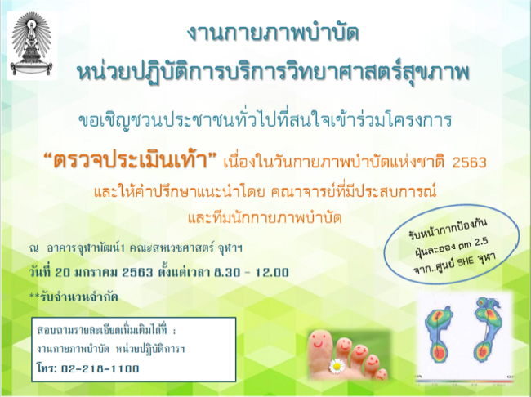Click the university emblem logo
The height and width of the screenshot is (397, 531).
click(32, 46)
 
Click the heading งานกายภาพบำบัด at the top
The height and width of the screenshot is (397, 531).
click(273, 33)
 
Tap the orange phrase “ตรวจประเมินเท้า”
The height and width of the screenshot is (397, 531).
click(132, 160)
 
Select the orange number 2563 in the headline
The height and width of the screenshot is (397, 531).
click(470, 163)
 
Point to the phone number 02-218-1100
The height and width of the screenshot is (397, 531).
click(100, 368)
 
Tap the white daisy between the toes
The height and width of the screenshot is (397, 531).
click(337, 365)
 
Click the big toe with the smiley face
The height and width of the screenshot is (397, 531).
click(320, 352)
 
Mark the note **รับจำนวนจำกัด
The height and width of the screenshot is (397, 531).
click(74, 297)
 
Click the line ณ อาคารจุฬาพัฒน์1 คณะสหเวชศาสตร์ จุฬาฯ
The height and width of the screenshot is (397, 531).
click(136, 248)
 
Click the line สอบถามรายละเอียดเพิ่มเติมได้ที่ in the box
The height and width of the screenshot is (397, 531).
click(107, 330)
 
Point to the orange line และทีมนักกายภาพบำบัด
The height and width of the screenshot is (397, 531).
click(265, 218)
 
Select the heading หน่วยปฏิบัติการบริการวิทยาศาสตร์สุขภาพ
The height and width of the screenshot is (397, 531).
click(273, 74)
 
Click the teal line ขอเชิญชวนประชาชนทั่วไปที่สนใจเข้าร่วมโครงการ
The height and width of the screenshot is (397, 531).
click(265, 120)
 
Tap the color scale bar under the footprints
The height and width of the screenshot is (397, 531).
click(465, 381)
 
